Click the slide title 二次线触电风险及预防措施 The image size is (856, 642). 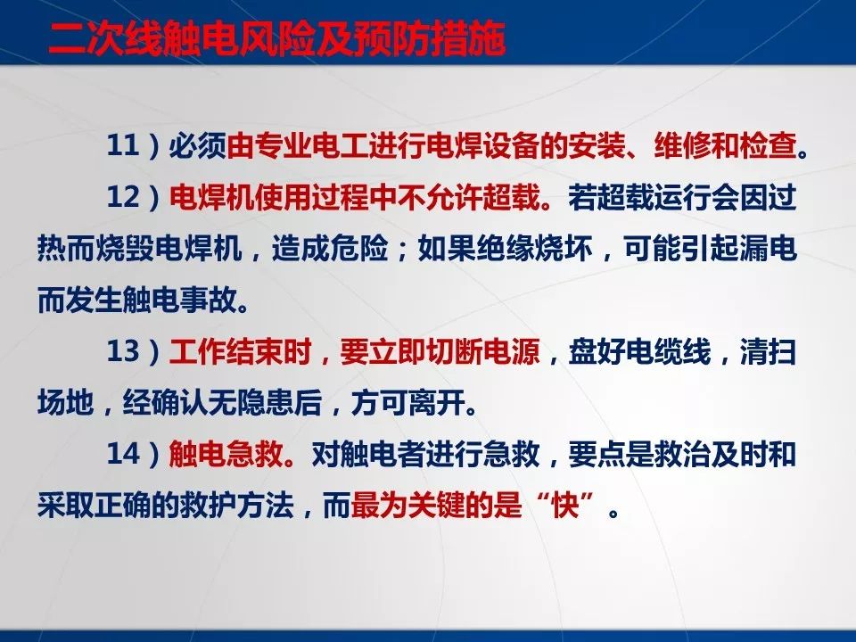[x=277, y=41]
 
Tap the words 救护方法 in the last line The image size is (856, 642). [x=250, y=507]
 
